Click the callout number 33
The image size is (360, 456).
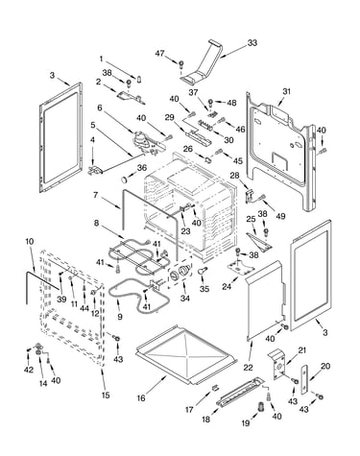point(252,42)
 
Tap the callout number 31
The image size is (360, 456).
point(286,91)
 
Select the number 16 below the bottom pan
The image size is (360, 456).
point(141,397)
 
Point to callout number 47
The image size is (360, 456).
point(159,53)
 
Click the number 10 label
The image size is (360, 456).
point(29,242)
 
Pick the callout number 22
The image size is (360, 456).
point(248,368)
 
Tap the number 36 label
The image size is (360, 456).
point(142,168)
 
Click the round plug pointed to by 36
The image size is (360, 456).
point(124,180)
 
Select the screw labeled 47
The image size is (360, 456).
point(180,64)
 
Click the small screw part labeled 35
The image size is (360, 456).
point(203,271)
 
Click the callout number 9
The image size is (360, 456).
point(120,317)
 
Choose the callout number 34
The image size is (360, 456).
point(184,299)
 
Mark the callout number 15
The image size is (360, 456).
point(106,396)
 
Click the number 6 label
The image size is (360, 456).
point(100,108)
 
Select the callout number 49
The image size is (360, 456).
point(280,216)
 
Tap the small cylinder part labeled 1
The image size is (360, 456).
point(139,79)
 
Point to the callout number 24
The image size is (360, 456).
point(227,287)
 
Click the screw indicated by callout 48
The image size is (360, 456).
point(211,103)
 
